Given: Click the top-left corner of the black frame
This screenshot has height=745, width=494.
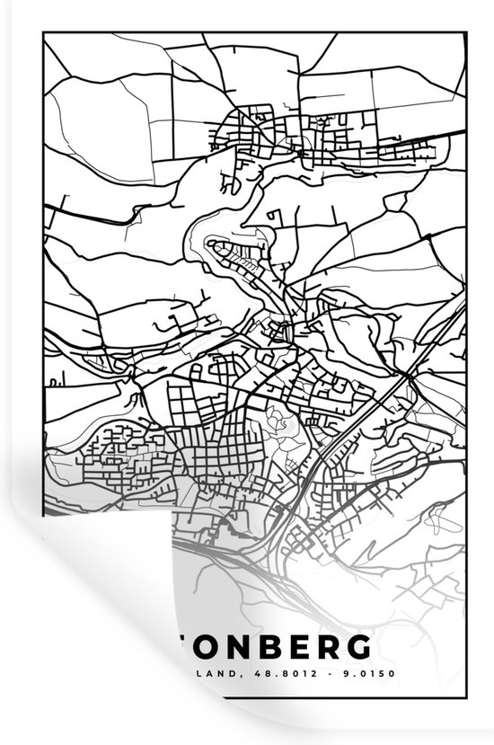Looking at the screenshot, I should [43, 31].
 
